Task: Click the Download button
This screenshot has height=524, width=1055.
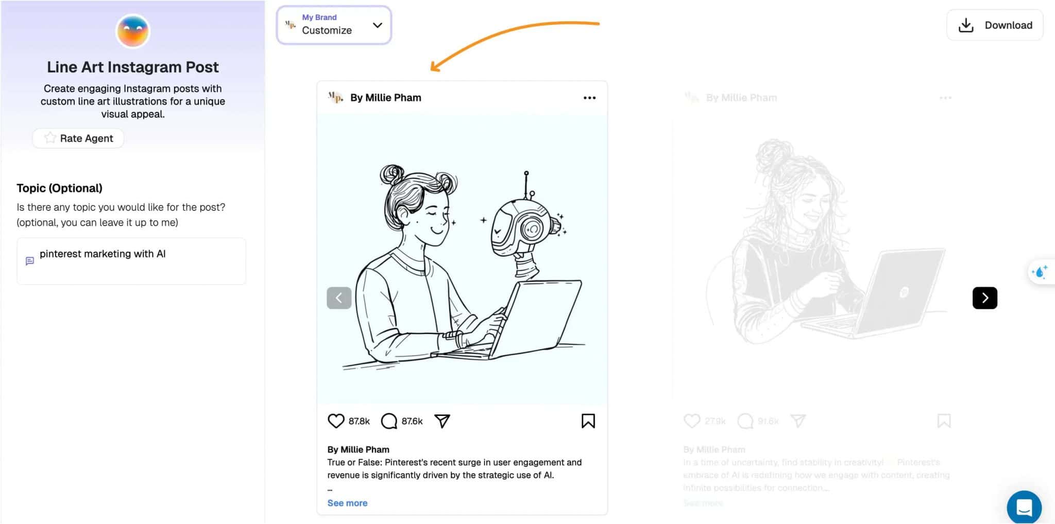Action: [x=995, y=25]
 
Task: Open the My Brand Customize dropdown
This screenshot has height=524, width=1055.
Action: [x=334, y=25]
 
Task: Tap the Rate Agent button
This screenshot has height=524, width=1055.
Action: [x=78, y=138]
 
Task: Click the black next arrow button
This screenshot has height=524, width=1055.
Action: [x=984, y=298]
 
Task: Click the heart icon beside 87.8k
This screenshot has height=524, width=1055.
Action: [x=336, y=421]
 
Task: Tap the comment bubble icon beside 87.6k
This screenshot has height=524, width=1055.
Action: [x=389, y=421]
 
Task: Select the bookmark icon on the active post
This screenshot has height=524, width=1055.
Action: [x=588, y=421]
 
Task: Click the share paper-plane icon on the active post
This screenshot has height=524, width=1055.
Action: [x=442, y=421]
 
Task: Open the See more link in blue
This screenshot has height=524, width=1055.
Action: [x=347, y=503]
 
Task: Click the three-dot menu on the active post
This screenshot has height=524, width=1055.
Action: [x=589, y=98]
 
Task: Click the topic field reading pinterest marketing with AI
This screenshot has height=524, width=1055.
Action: [x=131, y=261]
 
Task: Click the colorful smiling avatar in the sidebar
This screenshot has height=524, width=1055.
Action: [x=133, y=31]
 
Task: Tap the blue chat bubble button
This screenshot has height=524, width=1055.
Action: [x=1024, y=507]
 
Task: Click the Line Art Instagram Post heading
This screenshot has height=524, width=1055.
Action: [x=133, y=67]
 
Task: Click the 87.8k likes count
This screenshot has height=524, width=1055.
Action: [x=359, y=421]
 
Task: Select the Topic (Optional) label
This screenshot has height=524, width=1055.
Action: [x=59, y=188]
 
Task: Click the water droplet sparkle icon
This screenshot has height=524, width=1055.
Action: [x=1040, y=271]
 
